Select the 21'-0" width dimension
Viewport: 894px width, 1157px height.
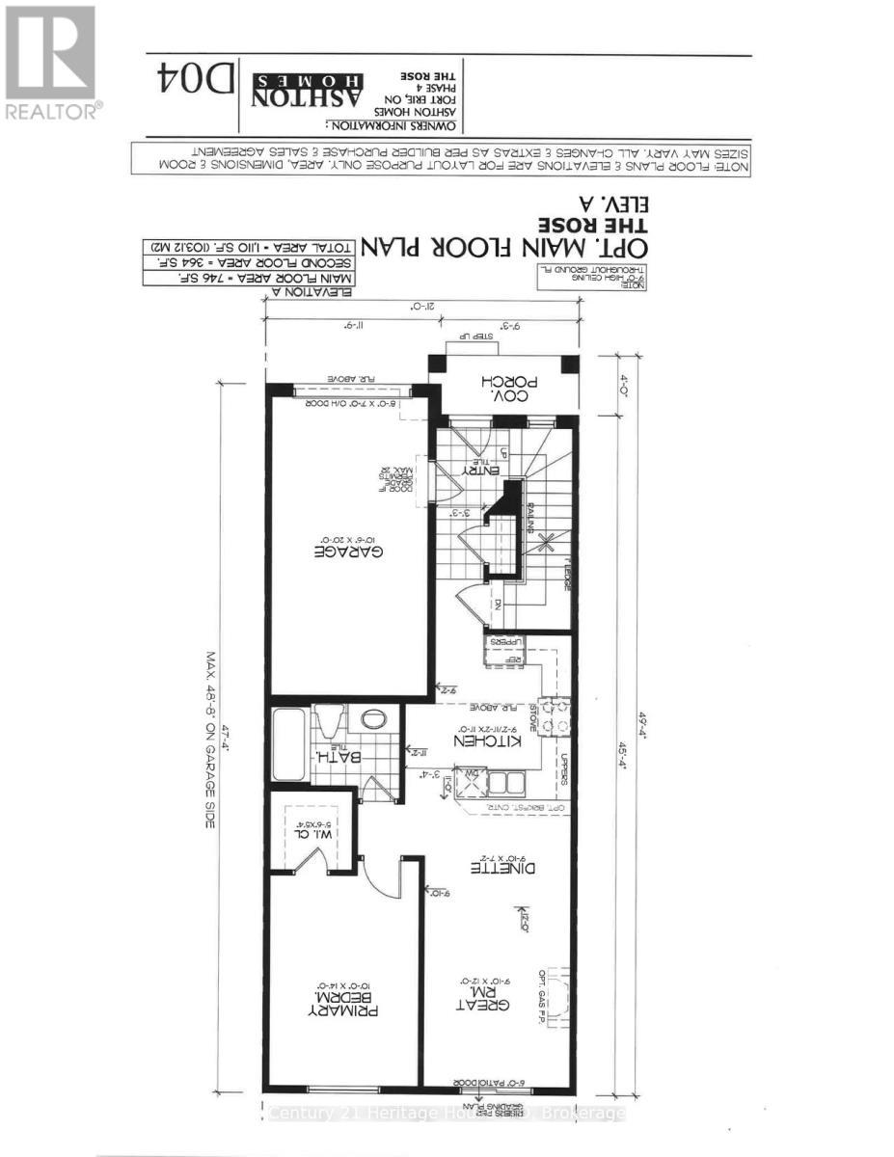(421, 306)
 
